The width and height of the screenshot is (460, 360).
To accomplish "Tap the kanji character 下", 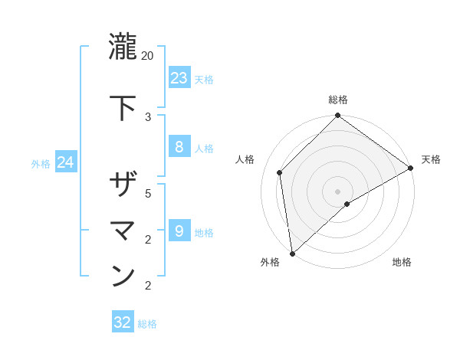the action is (x=123, y=106).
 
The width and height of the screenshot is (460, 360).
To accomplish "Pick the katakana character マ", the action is (x=123, y=229).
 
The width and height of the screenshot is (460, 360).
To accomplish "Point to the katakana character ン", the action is (x=123, y=275).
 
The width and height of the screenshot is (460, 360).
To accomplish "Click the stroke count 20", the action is (x=148, y=56).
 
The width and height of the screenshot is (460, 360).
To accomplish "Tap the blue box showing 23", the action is (x=179, y=78).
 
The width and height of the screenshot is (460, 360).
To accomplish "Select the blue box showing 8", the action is (x=179, y=147).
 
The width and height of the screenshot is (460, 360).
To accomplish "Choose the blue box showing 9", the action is (x=179, y=231).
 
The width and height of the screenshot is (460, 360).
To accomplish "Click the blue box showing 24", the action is (x=65, y=162).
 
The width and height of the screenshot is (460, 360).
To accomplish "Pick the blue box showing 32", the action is (x=123, y=322).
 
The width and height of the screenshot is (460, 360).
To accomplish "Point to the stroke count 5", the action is (x=148, y=194).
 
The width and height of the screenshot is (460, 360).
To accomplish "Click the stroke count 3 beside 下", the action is (x=148, y=117).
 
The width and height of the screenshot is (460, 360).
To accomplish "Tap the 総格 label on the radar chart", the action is (x=338, y=100).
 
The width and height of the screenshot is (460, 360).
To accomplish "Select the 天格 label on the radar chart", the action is (x=430, y=160).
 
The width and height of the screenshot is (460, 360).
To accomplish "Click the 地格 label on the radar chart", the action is (x=402, y=263).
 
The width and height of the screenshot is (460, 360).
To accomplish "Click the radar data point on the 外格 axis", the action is (x=292, y=254).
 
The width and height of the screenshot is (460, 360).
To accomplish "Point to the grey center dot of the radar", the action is (x=338, y=191).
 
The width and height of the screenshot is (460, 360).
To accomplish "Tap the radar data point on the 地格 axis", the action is (x=347, y=204).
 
